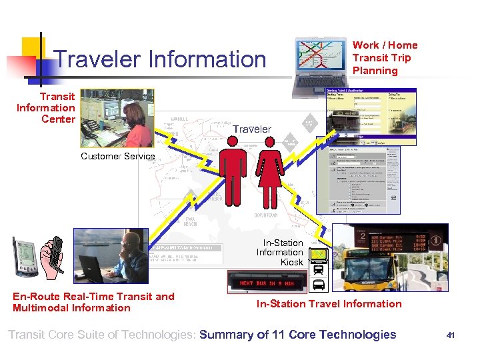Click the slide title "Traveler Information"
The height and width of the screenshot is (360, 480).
(x=161, y=59)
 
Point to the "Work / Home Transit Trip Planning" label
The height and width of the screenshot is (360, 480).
(x=385, y=57)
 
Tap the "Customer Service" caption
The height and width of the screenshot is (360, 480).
(x=117, y=156)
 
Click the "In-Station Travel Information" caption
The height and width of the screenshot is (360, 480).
(x=329, y=304)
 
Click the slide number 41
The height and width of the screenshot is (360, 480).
(x=450, y=335)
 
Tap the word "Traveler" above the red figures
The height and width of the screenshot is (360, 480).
(x=251, y=129)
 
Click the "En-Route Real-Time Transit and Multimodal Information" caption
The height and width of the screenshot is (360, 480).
(x=93, y=302)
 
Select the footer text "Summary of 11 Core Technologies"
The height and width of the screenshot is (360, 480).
(x=297, y=335)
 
